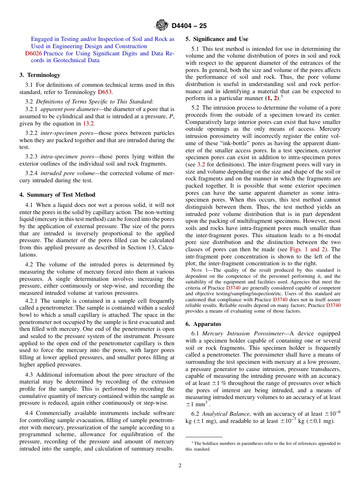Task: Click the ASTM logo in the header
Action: [x=162, y=26]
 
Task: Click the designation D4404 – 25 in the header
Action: [x=189, y=26]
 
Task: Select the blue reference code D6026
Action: [x=33, y=53]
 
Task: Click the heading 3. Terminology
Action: [x=40, y=75]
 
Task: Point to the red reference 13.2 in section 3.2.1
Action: [x=89, y=124]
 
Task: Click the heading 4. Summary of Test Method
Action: [x=57, y=195]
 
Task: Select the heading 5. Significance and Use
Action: [x=217, y=39]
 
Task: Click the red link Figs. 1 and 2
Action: [x=304, y=249]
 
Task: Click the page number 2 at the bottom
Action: [x=180, y=466]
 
